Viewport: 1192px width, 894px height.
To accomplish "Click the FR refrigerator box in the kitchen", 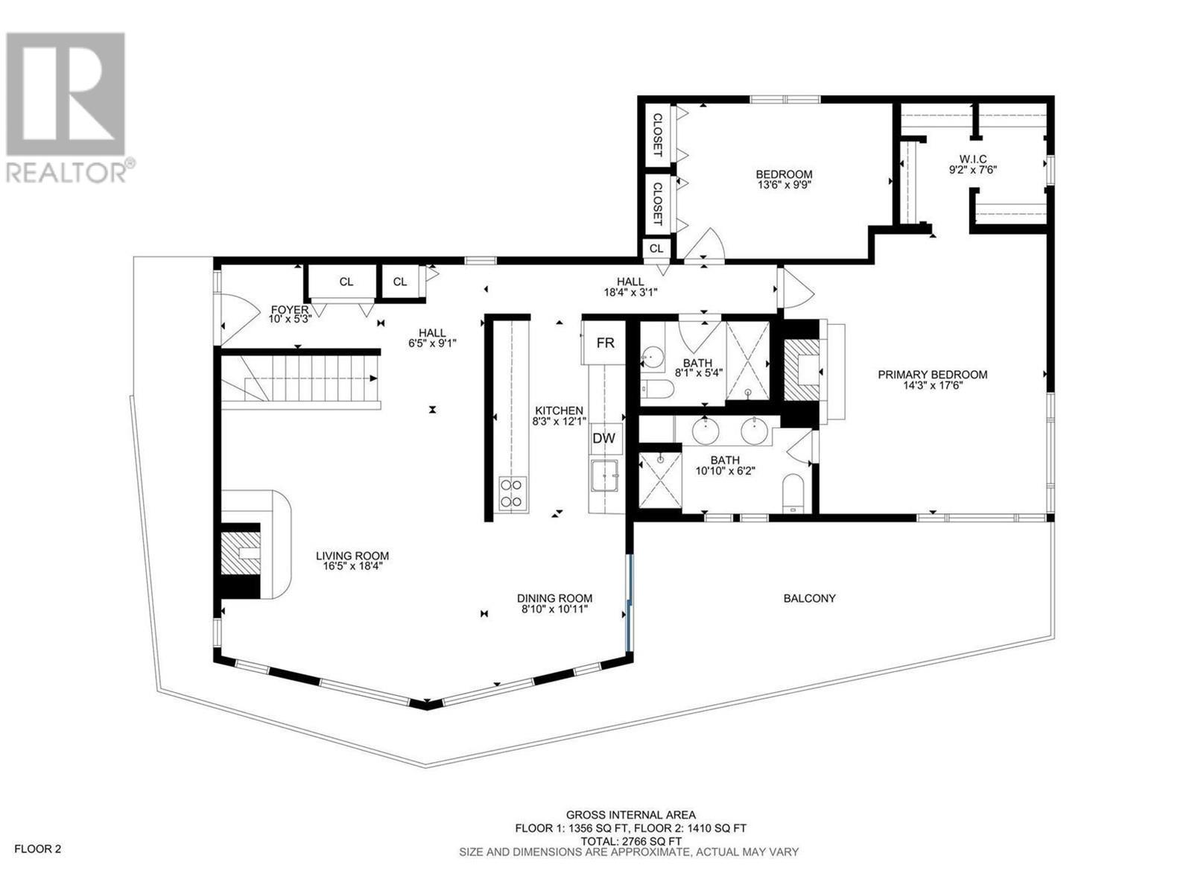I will tap(605, 342).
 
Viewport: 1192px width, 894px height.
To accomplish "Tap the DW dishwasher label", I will tap(603, 438).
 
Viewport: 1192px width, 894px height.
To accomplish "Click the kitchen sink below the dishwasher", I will tap(604, 475).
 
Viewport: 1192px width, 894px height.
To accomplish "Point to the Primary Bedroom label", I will tap(932, 375).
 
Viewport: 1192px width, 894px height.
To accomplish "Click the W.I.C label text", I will tap(973, 159).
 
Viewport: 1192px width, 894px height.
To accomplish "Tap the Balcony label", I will tap(809, 598).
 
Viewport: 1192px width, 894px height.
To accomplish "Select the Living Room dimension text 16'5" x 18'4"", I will tap(352, 566).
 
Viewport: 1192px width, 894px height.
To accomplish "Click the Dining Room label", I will tap(554, 598).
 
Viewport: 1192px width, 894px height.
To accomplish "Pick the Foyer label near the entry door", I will tap(289, 309).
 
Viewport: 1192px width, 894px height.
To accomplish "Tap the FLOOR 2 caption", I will tap(38, 849).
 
